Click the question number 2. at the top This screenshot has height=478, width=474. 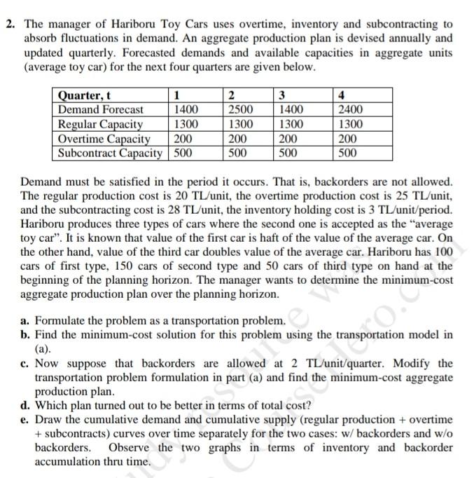click(x=10, y=25)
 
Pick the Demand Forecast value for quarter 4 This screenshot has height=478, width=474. click(x=350, y=109)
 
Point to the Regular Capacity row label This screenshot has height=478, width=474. click(x=100, y=124)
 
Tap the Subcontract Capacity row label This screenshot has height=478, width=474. click(x=110, y=152)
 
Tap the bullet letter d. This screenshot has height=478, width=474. click(x=25, y=404)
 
